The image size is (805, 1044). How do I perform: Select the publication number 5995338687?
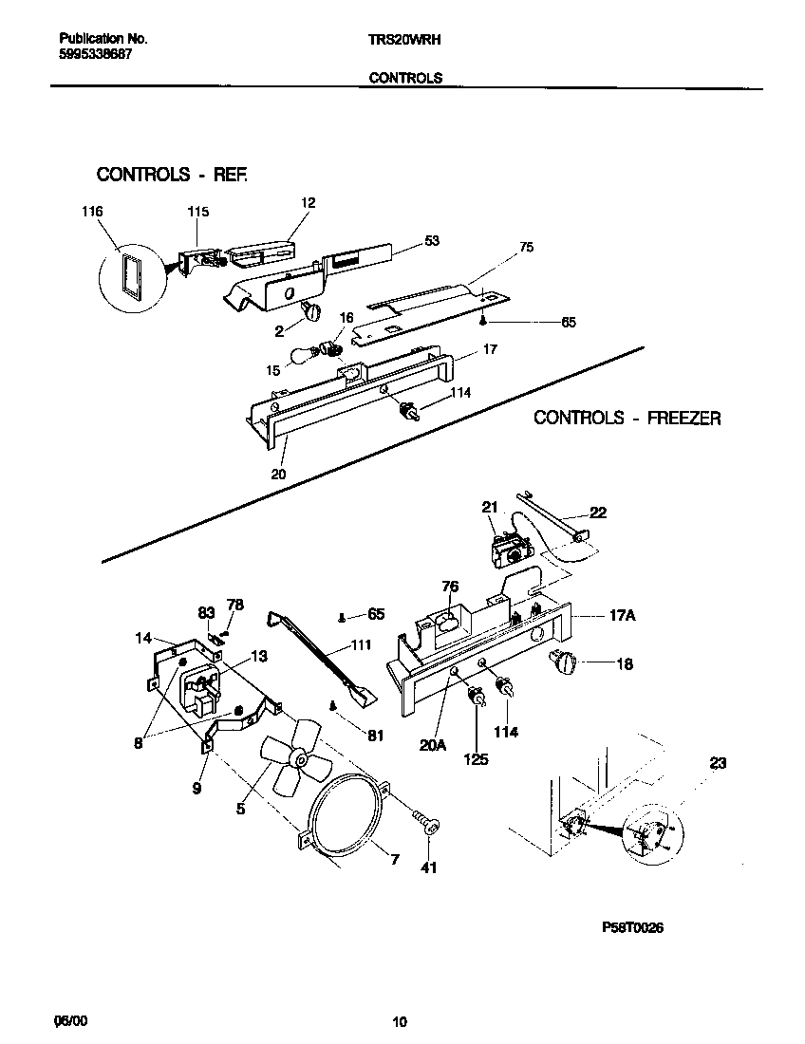point(95,55)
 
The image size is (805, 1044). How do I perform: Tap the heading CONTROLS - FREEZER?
point(627,418)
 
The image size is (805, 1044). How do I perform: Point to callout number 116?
point(92,211)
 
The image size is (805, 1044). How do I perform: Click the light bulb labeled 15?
point(309,358)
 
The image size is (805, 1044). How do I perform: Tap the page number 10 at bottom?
point(400,1022)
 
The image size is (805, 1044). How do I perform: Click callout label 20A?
point(432,745)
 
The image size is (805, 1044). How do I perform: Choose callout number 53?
point(432,241)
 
